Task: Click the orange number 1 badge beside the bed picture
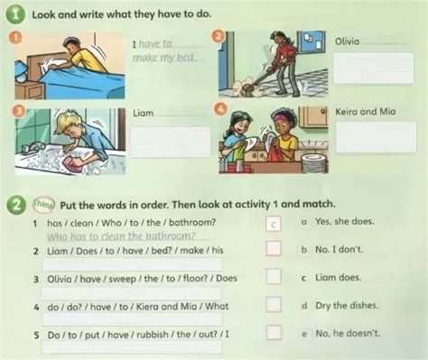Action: pyautogui.click(x=16, y=37)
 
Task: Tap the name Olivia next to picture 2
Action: pyautogui.click(x=347, y=42)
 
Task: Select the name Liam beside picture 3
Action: pyautogui.click(x=144, y=113)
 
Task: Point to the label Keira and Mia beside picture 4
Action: pyautogui.click(x=366, y=112)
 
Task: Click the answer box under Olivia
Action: pyautogui.click(x=374, y=68)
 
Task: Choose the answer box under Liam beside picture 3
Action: pyautogui.click(x=171, y=142)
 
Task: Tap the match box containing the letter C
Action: pyautogui.click(x=274, y=224)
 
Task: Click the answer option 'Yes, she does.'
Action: pyautogui.click(x=345, y=222)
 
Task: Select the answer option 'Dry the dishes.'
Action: pyautogui.click(x=347, y=306)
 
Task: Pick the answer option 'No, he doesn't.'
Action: pyautogui.click(x=348, y=333)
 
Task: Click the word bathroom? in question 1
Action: pyautogui.click(x=192, y=223)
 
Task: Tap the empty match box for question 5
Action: pyautogui.click(x=274, y=333)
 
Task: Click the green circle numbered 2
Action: pyautogui.click(x=16, y=206)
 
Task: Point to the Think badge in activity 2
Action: pyautogui.click(x=43, y=204)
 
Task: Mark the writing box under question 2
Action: pyautogui.click(x=132, y=264)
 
